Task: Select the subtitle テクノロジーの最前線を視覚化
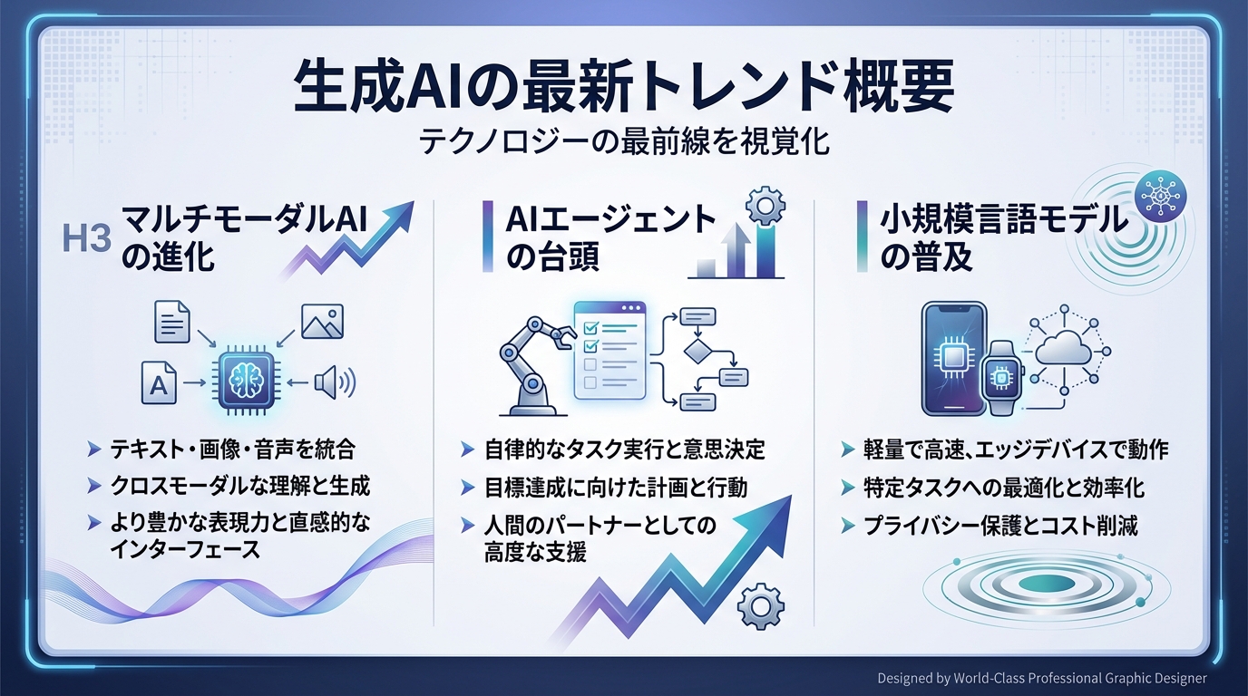pyautogui.click(x=624, y=142)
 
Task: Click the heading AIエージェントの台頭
pyautogui.click(x=599, y=238)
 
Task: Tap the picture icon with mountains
pyautogui.click(x=322, y=322)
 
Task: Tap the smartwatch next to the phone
pyautogui.click(x=1000, y=377)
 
